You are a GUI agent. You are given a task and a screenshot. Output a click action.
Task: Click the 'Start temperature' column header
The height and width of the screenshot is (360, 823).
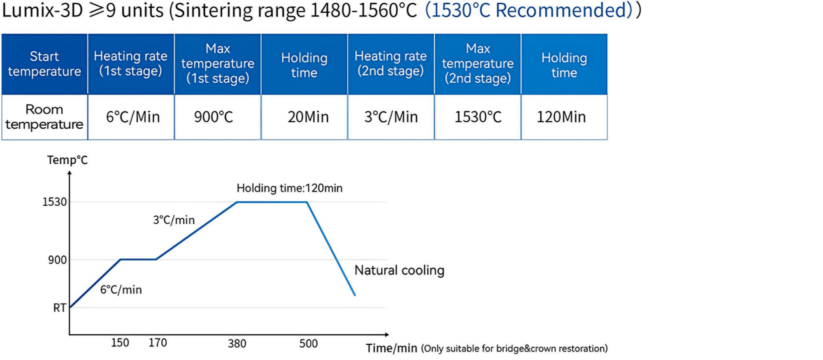[44, 64]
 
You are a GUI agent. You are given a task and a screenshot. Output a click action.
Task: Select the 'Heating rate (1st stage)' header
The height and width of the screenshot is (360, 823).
[130, 63]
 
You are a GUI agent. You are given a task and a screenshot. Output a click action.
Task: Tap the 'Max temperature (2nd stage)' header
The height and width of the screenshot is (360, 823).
[478, 63]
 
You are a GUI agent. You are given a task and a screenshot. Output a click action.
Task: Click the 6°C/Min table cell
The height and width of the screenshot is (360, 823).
[133, 117]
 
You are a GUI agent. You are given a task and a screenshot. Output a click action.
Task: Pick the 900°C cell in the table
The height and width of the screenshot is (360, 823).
[214, 117]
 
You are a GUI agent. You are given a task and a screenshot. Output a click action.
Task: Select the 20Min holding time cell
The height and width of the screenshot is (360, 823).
[308, 117]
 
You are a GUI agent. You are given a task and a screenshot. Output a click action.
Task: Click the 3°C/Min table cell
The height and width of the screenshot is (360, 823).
[391, 117]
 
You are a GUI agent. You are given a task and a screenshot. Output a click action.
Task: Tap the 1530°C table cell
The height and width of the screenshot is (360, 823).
[478, 117]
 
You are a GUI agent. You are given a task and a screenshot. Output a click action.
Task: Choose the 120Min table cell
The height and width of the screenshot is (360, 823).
[561, 117]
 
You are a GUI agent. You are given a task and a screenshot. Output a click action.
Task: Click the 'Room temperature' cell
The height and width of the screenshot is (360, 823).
[44, 117]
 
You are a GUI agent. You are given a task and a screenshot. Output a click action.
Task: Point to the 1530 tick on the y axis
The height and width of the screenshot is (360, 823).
[54, 202]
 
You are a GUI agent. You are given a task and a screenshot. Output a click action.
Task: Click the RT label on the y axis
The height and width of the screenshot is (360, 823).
[60, 308]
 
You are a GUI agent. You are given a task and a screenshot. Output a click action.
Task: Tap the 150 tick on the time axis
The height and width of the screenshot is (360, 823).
[120, 343]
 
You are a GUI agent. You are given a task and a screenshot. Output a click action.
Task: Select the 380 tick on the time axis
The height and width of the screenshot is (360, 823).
[237, 344]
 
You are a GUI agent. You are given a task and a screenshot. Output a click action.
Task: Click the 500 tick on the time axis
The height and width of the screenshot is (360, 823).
[308, 344]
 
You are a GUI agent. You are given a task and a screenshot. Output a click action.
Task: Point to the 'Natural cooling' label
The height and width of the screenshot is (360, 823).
[399, 270]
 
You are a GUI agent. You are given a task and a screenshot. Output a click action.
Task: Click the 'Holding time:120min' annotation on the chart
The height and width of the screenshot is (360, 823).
[289, 188]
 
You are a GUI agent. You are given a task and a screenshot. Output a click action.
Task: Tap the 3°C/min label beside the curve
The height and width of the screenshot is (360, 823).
[174, 220]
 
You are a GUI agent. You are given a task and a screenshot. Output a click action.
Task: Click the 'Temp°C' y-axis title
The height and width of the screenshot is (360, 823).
[67, 160]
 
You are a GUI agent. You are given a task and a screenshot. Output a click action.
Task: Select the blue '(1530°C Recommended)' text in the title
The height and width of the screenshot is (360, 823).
[528, 10]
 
